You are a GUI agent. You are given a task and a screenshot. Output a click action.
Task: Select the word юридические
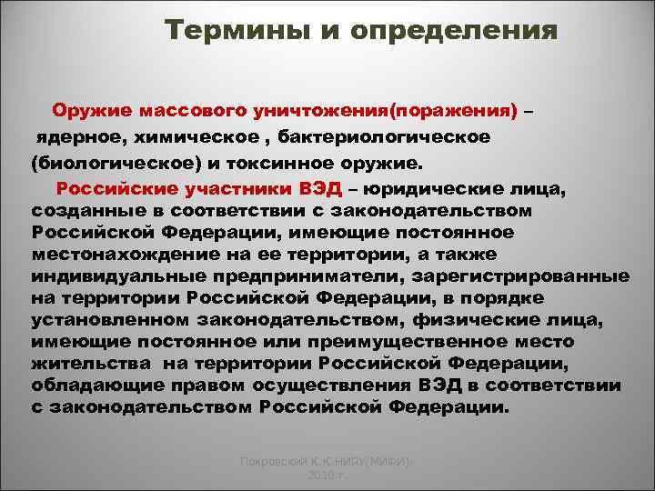pos(464,190)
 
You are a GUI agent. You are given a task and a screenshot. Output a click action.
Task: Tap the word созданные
pos(76,210)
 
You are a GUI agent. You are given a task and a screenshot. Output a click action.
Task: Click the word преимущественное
pos(403,342)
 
